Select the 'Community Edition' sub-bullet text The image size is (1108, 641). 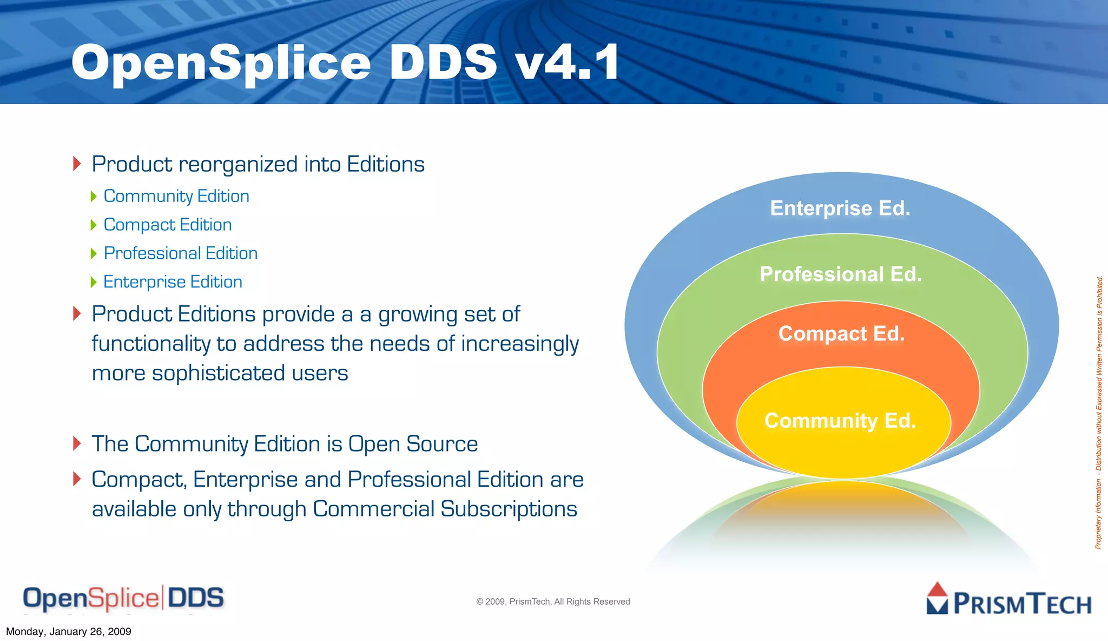tap(176, 196)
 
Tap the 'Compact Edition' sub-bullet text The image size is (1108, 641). tap(168, 225)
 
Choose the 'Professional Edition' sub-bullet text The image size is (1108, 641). tap(181, 253)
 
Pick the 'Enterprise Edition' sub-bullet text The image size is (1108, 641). tap(173, 282)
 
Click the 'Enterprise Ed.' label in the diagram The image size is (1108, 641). tap(840, 208)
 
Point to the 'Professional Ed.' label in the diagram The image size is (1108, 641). tap(841, 274)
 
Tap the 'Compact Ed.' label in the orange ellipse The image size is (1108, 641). tap(841, 333)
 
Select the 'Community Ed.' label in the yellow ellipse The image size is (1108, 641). tap(840, 421)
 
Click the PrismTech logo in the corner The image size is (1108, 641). tap(1009, 600)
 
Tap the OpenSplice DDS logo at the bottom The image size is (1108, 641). tap(123, 598)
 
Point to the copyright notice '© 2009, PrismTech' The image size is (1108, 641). tap(553, 601)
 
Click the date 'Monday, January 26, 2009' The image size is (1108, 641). tap(69, 632)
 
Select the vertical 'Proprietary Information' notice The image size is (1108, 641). tap(1099, 413)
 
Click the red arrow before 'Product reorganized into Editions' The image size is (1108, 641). tap(77, 163)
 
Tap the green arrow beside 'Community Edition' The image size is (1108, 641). tap(94, 196)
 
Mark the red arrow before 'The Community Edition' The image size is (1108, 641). tap(77, 443)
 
